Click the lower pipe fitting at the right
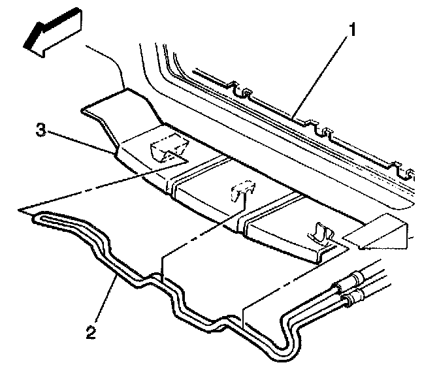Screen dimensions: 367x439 [352, 298]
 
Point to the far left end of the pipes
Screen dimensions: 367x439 [37, 218]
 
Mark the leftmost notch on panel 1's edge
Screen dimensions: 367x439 [242, 89]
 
